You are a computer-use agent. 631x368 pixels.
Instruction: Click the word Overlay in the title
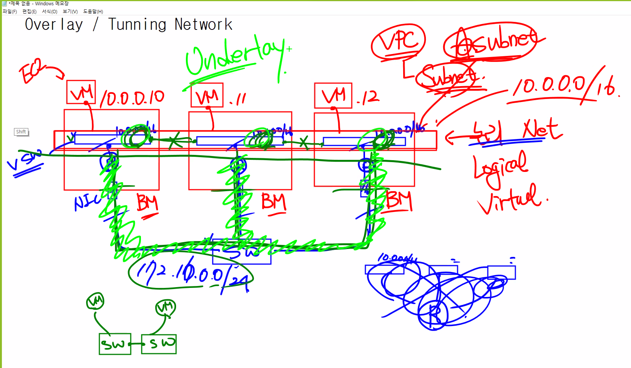click(54, 25)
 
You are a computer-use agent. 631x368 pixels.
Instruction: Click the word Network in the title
click(203, 25)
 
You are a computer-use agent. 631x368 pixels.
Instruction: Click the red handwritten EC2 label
click(32, 71)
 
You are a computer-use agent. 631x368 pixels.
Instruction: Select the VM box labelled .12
click(333, 96)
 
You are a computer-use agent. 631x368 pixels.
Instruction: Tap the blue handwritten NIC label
click(88, 202)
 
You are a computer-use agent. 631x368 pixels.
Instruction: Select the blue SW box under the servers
click(242, 252)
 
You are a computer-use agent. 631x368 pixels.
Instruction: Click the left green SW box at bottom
click(115, 344)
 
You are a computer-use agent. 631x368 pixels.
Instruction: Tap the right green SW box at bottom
click(159, 344)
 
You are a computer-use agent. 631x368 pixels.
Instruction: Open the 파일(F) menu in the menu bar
click(10, 12)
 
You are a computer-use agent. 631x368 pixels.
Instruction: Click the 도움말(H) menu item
click(93, 12)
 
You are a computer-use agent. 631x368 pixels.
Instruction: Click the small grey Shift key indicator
click(21, 132)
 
